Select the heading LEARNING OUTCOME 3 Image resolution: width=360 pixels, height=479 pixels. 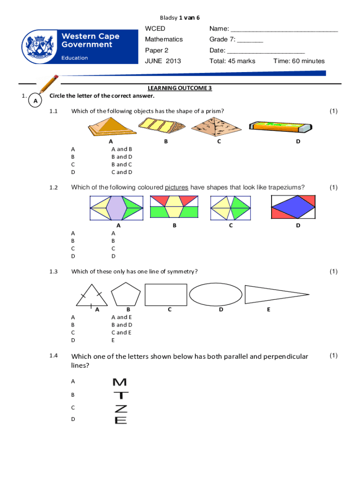click(180, 88)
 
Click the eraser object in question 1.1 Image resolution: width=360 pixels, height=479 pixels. click(280, 126)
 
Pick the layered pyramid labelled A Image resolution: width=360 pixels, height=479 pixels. click(111, 126)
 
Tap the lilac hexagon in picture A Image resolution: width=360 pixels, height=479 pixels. click(115, 208)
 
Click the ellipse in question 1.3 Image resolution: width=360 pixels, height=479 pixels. click(215, 295)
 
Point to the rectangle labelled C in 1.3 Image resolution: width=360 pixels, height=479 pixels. click(166, 295)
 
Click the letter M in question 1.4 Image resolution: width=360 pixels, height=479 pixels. click(120, 383)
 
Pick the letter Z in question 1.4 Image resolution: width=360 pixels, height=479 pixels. click(121, 408)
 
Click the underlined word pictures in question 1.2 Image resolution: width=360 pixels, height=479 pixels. click(177, 188)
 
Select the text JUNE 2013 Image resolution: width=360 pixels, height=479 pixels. click(163, 61)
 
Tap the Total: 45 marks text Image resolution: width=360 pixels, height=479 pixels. click(232, 61)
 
